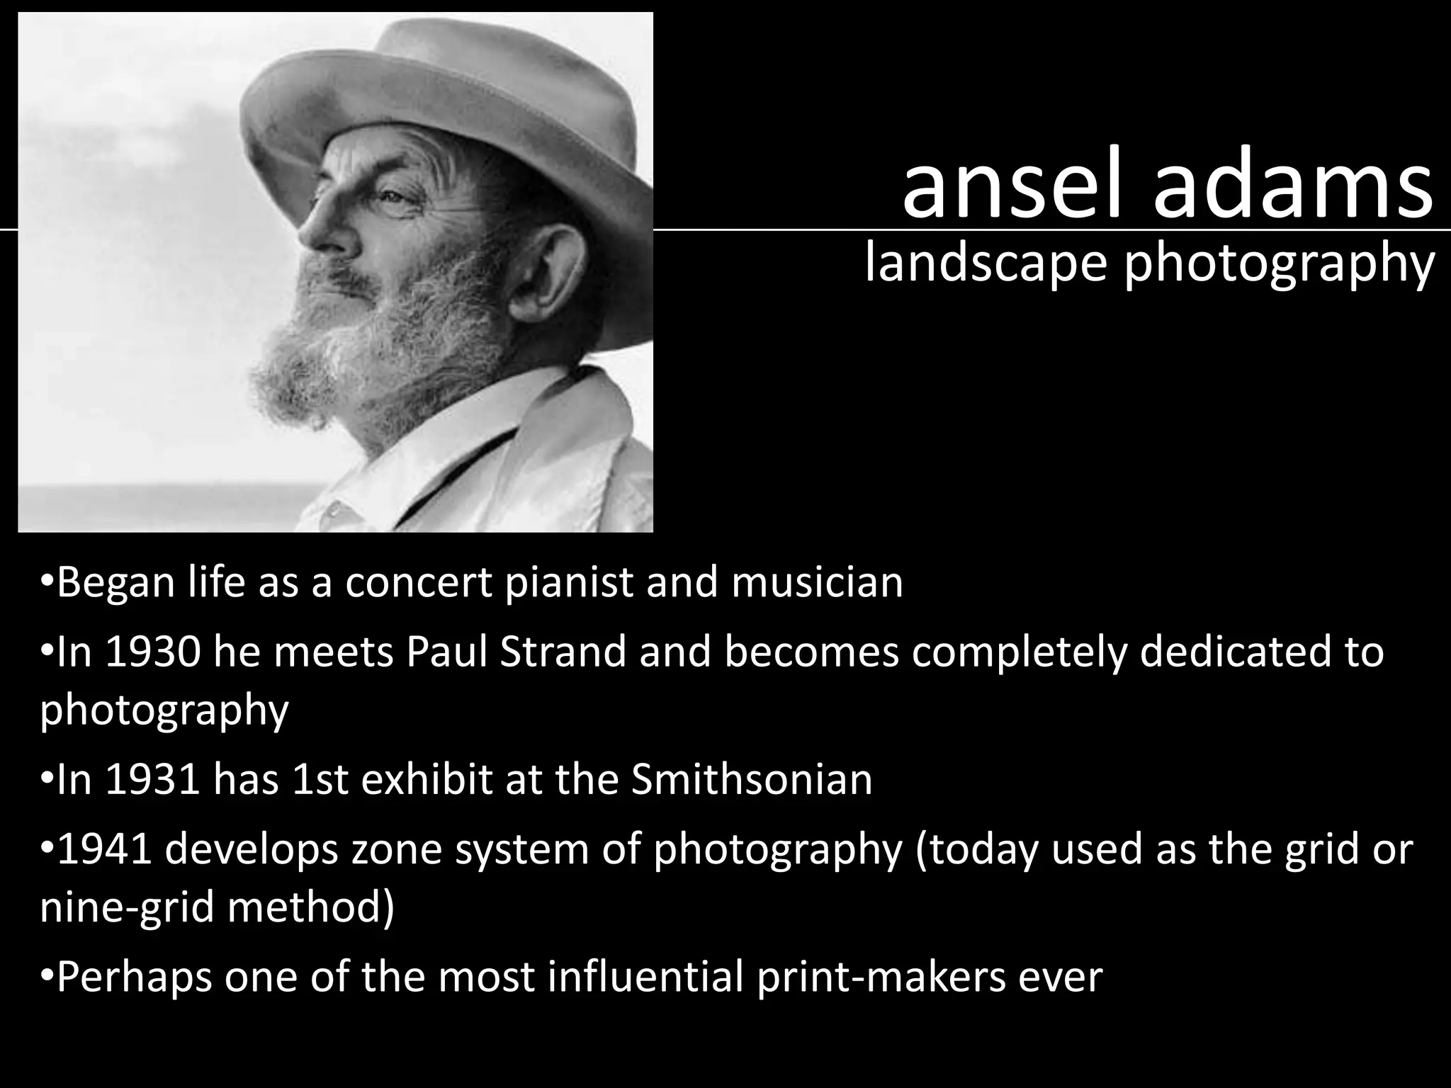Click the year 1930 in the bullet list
tap(152, 652)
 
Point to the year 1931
tap(152, 779)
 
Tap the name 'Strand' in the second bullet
tap(563, 652)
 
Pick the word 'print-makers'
tap(881, 976)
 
